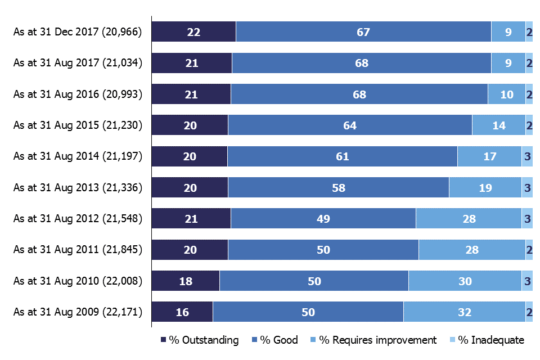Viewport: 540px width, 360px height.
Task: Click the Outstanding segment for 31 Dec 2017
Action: coord(194,32)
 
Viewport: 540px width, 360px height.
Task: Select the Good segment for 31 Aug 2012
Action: coord(323,219)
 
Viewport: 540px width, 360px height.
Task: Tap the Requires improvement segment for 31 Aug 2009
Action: coord(465,312)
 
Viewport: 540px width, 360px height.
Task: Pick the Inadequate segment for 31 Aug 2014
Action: coord(527,156)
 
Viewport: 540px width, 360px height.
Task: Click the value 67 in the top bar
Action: coord(363,32)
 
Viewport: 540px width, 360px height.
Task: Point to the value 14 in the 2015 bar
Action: coord(499,125)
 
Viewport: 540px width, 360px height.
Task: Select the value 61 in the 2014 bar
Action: coord(343,156)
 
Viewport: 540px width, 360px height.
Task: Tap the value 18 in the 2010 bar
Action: coord(186,281)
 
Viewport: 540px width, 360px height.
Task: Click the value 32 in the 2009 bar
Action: coord(465,312)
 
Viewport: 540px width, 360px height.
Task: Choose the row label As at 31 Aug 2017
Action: coord(78,64)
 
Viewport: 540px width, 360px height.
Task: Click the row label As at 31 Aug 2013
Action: coord(78,188)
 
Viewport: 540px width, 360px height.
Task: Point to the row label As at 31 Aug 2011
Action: coord(78,250)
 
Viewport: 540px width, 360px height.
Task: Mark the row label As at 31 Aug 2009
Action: coord(78,312)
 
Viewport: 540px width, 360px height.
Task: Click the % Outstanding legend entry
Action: coord(200,340)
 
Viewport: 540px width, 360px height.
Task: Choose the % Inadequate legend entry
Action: coord(487,340)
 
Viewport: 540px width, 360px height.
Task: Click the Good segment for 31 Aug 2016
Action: coord(359,94)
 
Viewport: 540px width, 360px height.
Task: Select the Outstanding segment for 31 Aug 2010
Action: coord(186,281)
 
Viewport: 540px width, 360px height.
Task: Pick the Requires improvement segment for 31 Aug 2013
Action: coord(485,188)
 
